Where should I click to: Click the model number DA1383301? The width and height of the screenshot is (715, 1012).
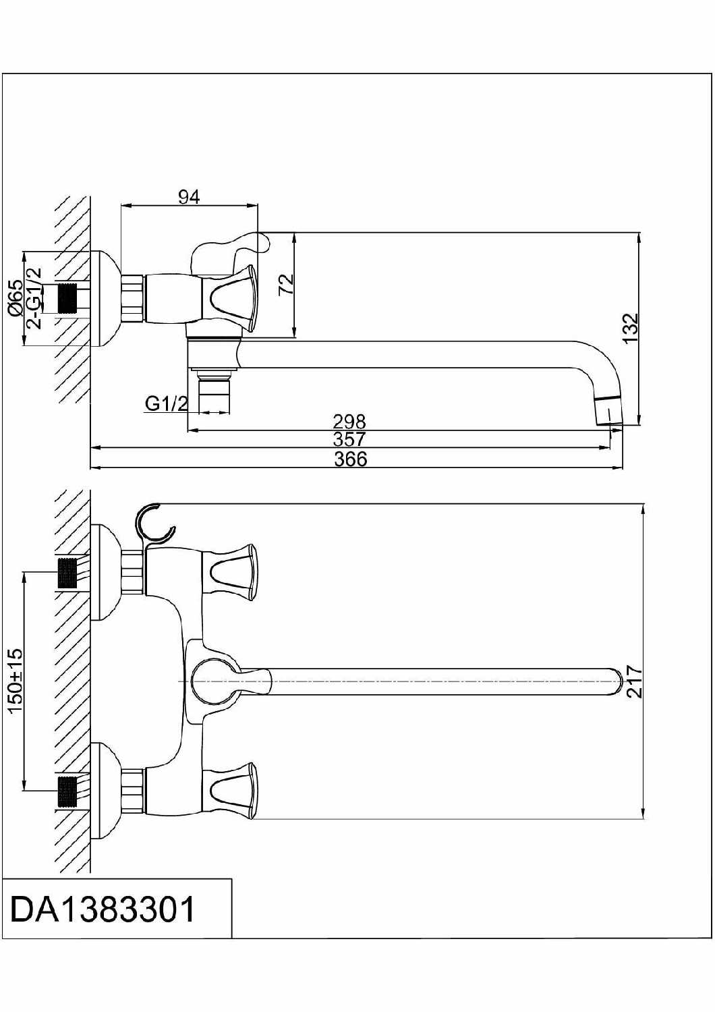click(103, 909)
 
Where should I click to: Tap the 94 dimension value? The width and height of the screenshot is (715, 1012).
click(189, 197)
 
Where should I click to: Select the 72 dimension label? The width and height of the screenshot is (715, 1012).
click(287, 285)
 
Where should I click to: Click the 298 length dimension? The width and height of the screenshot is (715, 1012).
click(349, 422)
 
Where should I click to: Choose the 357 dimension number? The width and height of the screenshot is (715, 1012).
click(349, 439)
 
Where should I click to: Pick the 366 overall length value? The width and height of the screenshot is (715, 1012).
click(351, 459)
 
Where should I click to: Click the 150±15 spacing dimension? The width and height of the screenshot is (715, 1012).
click(16, 681)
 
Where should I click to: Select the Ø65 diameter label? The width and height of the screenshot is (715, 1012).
click(16, 298)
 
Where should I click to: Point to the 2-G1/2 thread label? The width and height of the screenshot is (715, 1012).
click(34, 298)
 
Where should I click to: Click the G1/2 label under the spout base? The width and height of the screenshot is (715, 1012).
click(167, 403)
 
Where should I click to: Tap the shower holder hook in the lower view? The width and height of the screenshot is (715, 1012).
click(154, 524)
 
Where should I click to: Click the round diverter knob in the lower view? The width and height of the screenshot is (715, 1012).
click(212, 681)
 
